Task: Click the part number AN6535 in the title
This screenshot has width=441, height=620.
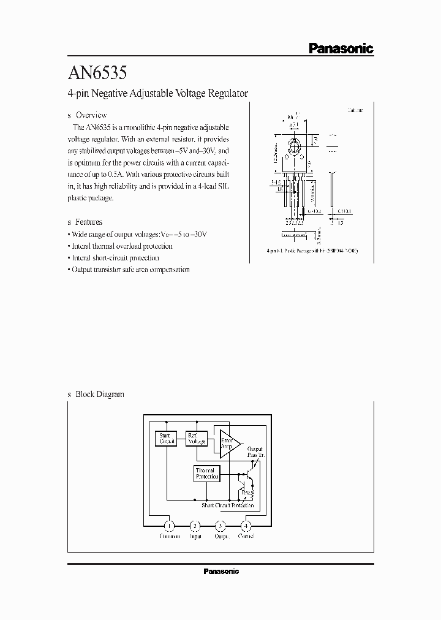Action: [97, 74]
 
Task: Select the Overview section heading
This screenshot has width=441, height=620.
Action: [91, 115]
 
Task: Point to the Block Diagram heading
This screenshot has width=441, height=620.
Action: [99, 394]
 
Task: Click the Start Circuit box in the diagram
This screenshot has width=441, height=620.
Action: [167, 438]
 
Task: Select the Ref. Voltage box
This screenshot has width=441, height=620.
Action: [197, 438]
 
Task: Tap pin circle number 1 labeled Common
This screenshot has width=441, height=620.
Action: [170, 526]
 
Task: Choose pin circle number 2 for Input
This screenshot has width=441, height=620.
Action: [195, 526]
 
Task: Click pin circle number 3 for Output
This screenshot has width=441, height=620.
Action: [221, 526]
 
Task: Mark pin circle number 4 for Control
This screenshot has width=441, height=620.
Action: [246, 526]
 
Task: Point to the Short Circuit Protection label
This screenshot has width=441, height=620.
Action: [227, 505]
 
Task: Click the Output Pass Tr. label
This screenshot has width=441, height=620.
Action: [255, 453]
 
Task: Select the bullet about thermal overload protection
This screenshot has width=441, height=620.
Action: [121, 246]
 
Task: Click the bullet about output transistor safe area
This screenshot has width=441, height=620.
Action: [130, 270]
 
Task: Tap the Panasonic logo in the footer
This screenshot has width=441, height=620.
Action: [221, 571]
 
